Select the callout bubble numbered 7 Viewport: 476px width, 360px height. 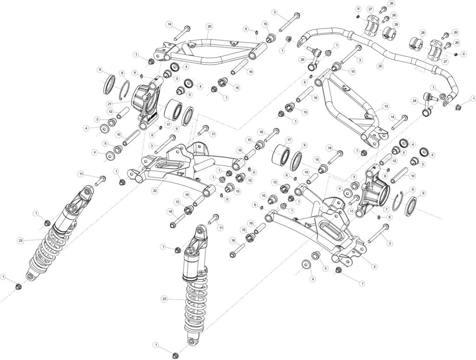[x=386, y=209]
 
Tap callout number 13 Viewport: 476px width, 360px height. [x=385, y=106]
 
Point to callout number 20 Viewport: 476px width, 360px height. [x=209, y=26]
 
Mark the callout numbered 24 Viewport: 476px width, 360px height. [x=414, y=100]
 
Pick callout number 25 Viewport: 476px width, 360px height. [x=380, y=67]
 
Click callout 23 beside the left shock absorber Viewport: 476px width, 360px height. [x=20, y=240]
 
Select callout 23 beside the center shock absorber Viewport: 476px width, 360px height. [x=164, y=299]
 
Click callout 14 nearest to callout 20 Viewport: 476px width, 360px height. [x=170, y=24]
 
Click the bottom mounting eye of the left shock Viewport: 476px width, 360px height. [x=30, y=277]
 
